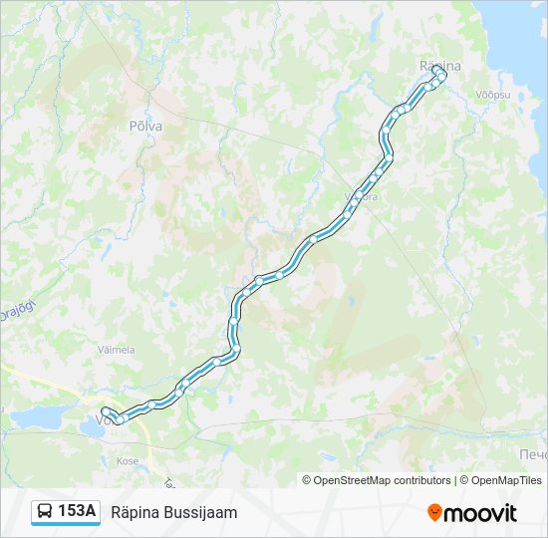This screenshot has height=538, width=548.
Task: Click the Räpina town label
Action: (x=438, y=65)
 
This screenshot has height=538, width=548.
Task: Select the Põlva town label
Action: (x=145, y=127)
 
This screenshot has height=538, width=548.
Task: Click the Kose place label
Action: (x=128, y=461)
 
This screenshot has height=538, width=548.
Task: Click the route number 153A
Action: (x=77, y=511)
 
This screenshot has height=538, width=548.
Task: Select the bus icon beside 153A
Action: (x=45, y=512)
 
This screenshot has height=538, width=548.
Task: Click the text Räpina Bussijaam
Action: (x=174, y=512)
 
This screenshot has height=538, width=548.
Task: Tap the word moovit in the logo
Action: (x=480, y=513)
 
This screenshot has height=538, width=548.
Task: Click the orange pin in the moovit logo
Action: (x=434, y=513)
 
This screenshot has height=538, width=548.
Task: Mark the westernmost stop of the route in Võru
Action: (x=105, y=410)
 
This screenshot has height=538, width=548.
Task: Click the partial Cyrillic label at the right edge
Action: (x=532, y=455)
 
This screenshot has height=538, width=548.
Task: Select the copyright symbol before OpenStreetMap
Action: (x=307, y=480)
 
